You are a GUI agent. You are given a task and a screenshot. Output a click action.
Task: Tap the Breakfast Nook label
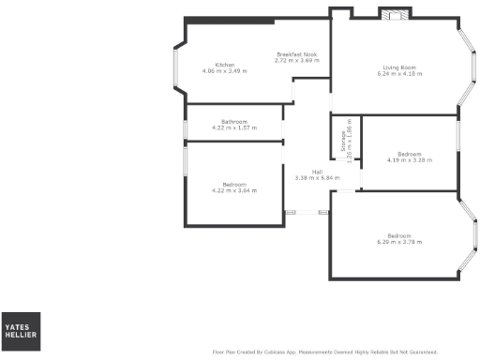point(295,54)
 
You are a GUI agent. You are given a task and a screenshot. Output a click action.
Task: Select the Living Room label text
point(398,67)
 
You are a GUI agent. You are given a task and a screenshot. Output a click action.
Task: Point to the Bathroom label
point(233,122)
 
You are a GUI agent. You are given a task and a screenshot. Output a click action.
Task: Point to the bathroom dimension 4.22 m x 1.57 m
point(233,128)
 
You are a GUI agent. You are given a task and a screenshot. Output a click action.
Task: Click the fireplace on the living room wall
point(393,14)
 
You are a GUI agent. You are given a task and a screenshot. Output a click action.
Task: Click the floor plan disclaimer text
point(325,352)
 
